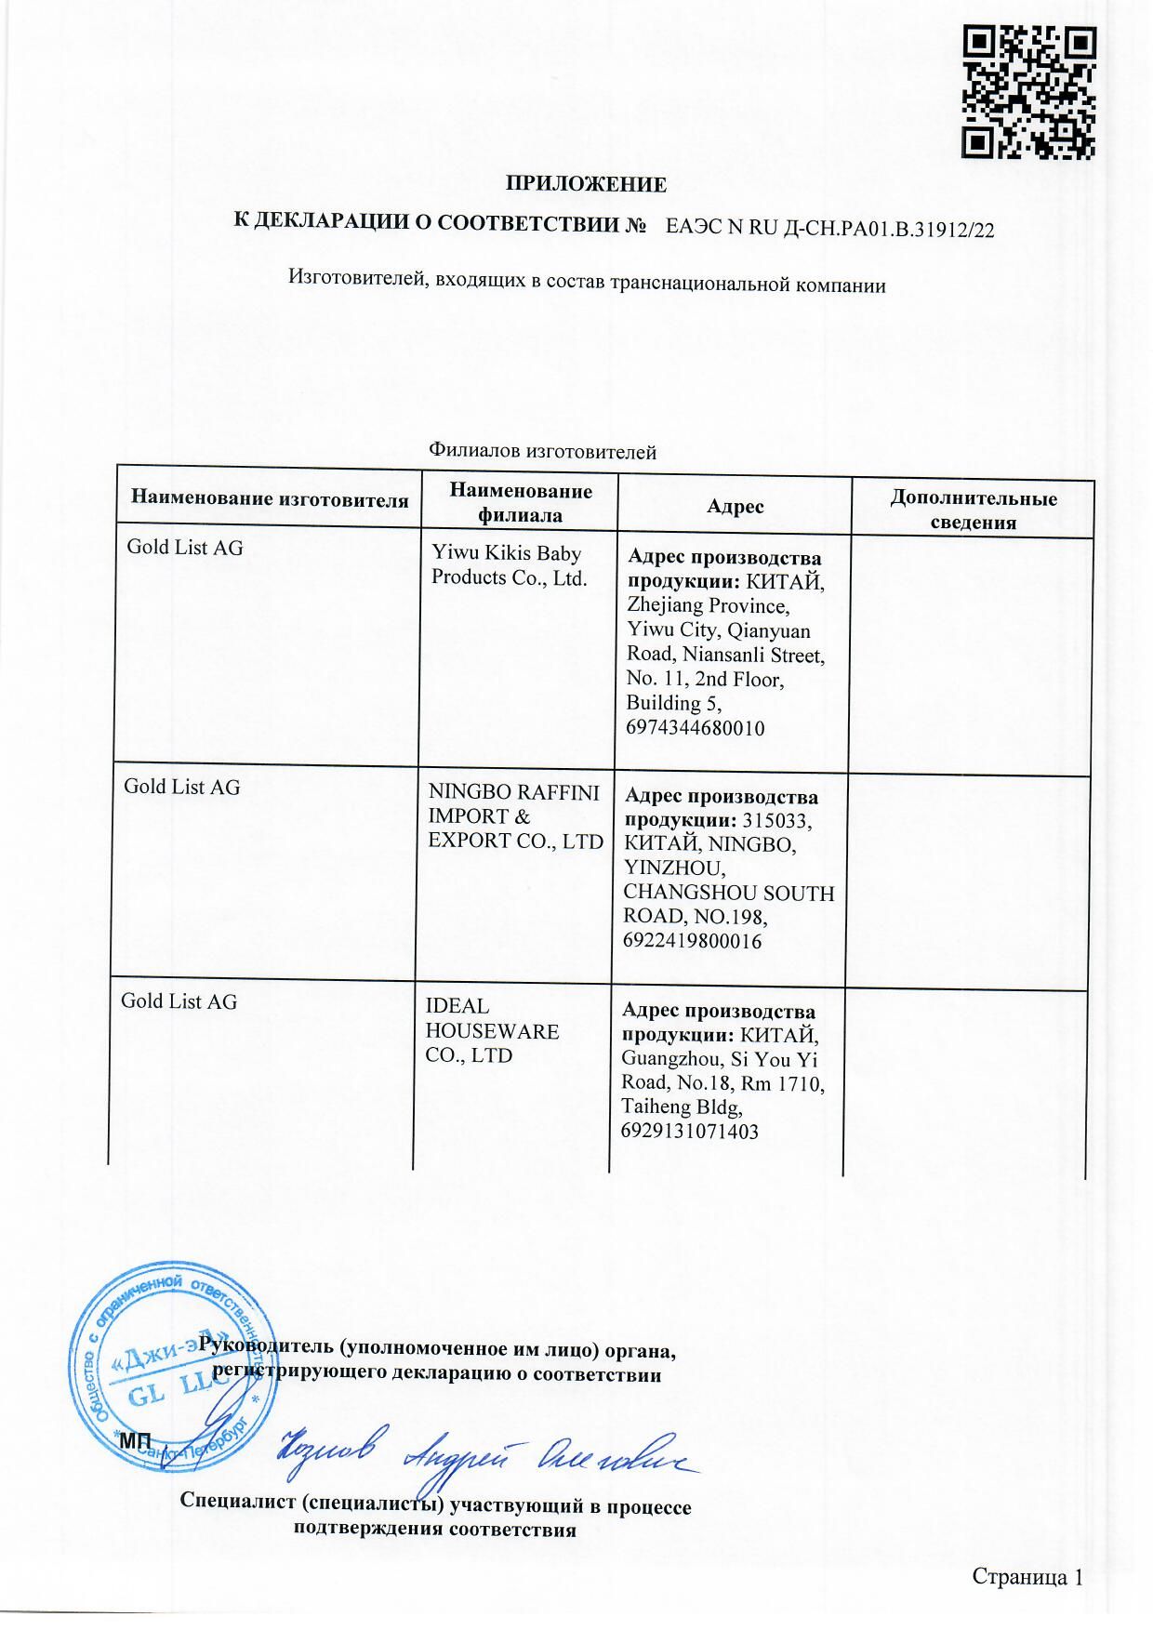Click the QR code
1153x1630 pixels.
click(1029, 92)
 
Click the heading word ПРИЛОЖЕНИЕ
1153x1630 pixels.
click(586, 184)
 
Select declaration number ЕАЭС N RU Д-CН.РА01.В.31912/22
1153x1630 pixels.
click(830, 229)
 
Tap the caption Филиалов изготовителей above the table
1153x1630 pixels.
click(542, 452)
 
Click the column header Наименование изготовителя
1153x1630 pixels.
click(269, 498)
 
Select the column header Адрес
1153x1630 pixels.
click(735, 506)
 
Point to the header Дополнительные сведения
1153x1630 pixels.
click(973, 510)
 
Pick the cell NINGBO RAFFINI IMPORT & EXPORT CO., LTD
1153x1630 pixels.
click(514, 816)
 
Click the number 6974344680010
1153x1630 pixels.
click(696, 728)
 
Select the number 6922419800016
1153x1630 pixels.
click(693, 941)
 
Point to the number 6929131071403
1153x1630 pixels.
click(689, 1132)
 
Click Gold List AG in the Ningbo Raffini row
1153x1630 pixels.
click(181, 787)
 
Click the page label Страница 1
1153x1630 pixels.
click(1027, 1576)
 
